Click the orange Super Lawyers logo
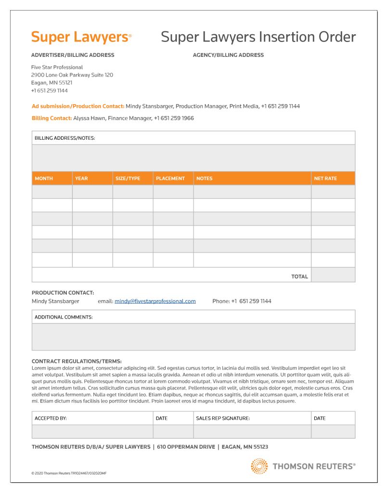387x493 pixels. pyautogui.click(x=81, y=37)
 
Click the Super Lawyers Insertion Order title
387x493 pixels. pyautogui.click(x=258, y=37)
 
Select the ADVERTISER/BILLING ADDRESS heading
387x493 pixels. pyautogui.click(x=73, y=55)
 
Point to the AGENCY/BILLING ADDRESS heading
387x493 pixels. pyautogui.click(x=228, y=55)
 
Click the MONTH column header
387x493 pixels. pyautogui.click(x=44, y=178)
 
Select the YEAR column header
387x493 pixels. pyautogui.click(x=81, y=178)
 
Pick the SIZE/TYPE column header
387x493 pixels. pyautogui.click(x=128, y=178)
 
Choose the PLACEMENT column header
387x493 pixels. pyautogui.click(x=170, y=178)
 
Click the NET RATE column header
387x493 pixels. pyautogui.click(x=325, y=178)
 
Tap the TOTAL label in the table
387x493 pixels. pyautogui.click(x=299, y=277)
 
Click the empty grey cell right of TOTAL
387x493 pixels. pyautogui.click(x=333, y=275)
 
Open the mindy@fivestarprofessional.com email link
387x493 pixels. pyautogui.click(x=155, y=301)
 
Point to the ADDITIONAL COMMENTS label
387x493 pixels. pyautogui.click(x=64, y=317)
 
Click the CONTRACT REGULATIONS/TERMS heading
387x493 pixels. pyautogui.click(x=77, y=361)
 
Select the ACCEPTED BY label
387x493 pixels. pyautogui.click(x=51, y=418)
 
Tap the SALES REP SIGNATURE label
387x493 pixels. pyautogui.click(x=223, y=418)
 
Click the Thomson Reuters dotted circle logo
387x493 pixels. pyautogui.click(x=259, y=466)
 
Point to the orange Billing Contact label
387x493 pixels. pyautogui.click(x=52, y=118)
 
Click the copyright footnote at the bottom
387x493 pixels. pyautogui.click(x=69, y=473)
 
